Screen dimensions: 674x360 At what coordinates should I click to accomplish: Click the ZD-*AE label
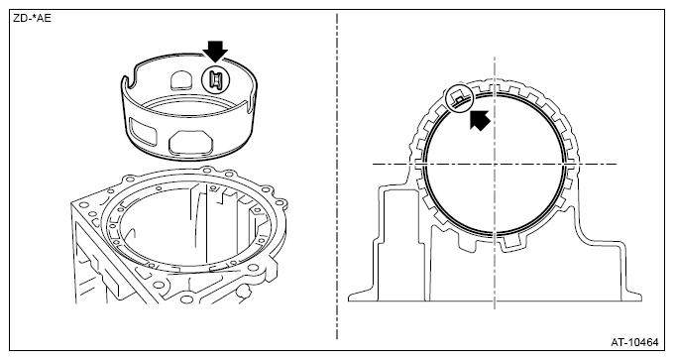[x=33, y=19]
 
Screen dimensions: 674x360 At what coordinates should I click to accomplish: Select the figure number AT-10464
[x=634, y=342]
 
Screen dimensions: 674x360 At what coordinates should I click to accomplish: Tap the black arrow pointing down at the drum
[x=215, y=52]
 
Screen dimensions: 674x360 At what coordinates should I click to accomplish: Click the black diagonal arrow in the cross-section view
[x=480, y=120]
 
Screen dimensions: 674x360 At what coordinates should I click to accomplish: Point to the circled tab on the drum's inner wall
[x=216, y=80]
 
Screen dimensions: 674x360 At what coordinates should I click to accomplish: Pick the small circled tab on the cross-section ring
[x=460, y=99]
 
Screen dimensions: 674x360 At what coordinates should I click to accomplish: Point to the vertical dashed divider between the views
[x=337, y=177]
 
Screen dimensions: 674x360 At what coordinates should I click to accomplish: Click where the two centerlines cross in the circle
[x=495, y=164]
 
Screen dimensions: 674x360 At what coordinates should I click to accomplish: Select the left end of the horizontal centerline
[x=373, y=164]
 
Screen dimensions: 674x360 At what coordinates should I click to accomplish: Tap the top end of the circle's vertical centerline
[x=495, y=57]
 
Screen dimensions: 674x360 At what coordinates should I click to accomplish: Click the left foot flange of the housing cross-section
[x=363, y=296]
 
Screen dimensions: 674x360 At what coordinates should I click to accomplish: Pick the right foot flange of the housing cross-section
[x=631, y=296]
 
